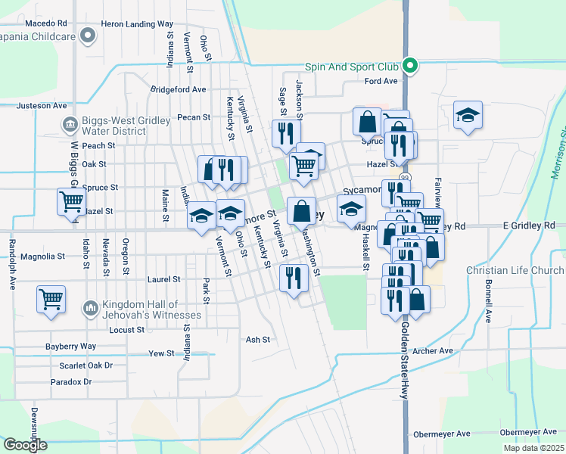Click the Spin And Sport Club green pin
(x=409, y=66)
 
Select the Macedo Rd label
(x=45, y=24)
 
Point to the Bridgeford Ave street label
(x=178, y=89)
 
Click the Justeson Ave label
(x=42, y=105)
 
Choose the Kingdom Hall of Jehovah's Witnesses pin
(x=90, y=308)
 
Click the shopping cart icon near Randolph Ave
(x=51, y=297)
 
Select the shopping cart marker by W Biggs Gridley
(x=71, y=201)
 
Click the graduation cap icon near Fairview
(x=468, y=114)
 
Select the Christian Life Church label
(x=515, y=270)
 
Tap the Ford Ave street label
(x=381, y=81)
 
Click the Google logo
(x=25, y=445)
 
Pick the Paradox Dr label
(x=71, y=382)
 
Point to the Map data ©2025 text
(x=532, y=448)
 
